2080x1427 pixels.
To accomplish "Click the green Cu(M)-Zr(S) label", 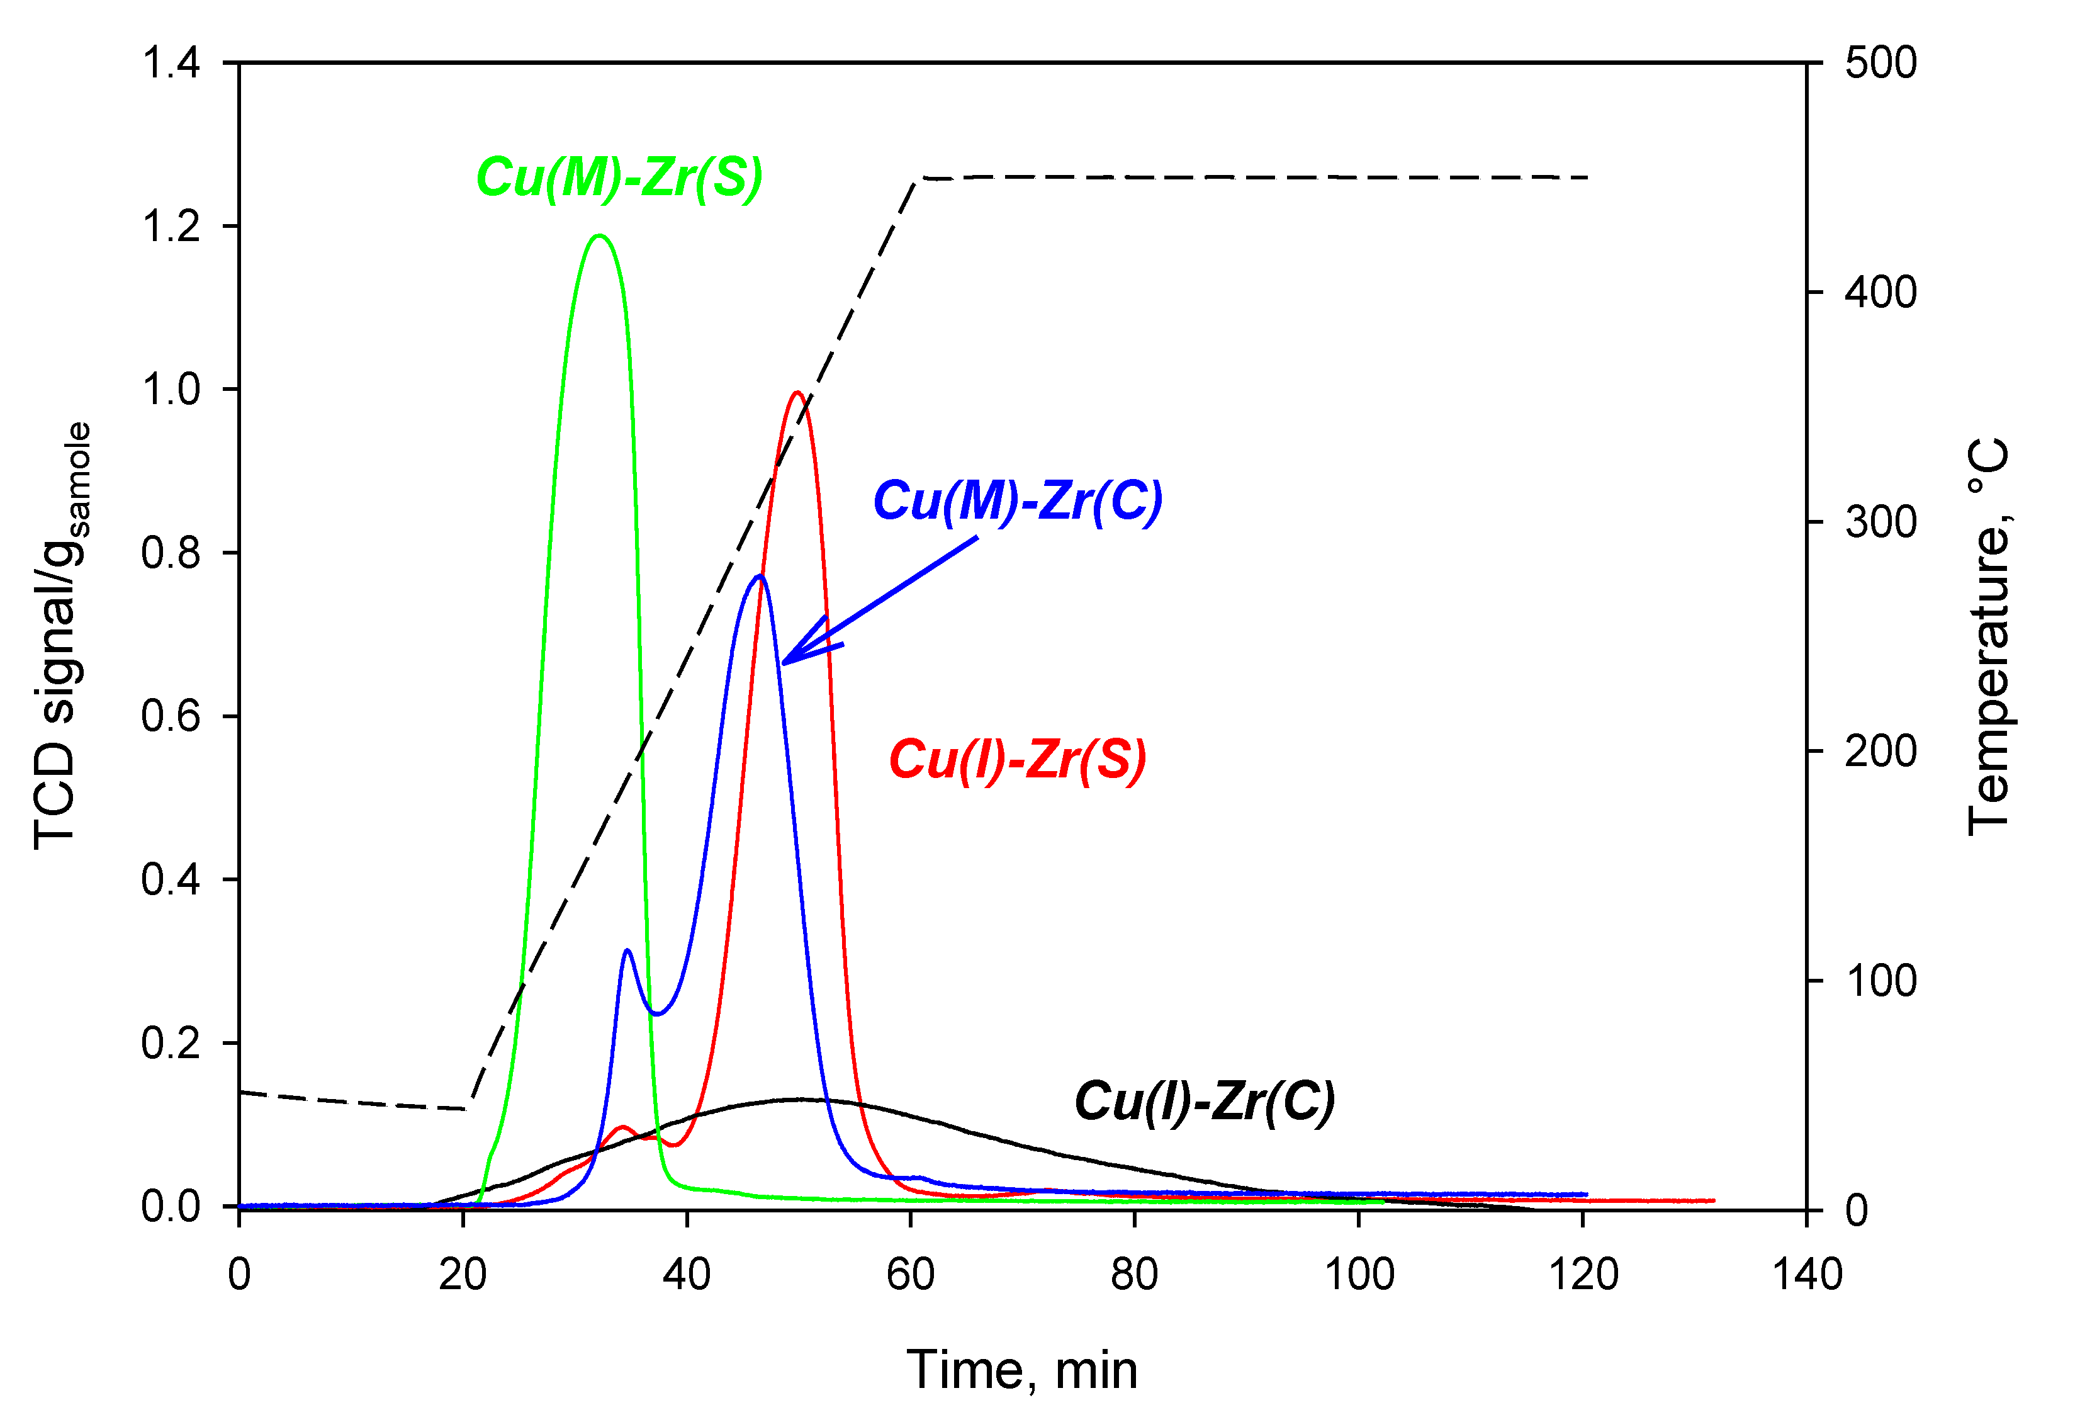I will tap(619, 178).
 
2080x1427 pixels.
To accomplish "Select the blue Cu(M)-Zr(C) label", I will tap(1018, 500).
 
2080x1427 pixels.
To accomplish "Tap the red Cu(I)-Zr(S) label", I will tap(1018, 760).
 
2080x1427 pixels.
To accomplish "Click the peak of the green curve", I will tap(599, 236).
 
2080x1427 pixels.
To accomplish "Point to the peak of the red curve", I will tap(797, 392).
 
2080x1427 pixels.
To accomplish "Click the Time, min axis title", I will tap(1022, 1370).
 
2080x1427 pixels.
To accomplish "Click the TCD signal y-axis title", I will tap(61, 636).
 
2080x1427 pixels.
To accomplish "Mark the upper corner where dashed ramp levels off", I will tap(918, 179).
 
